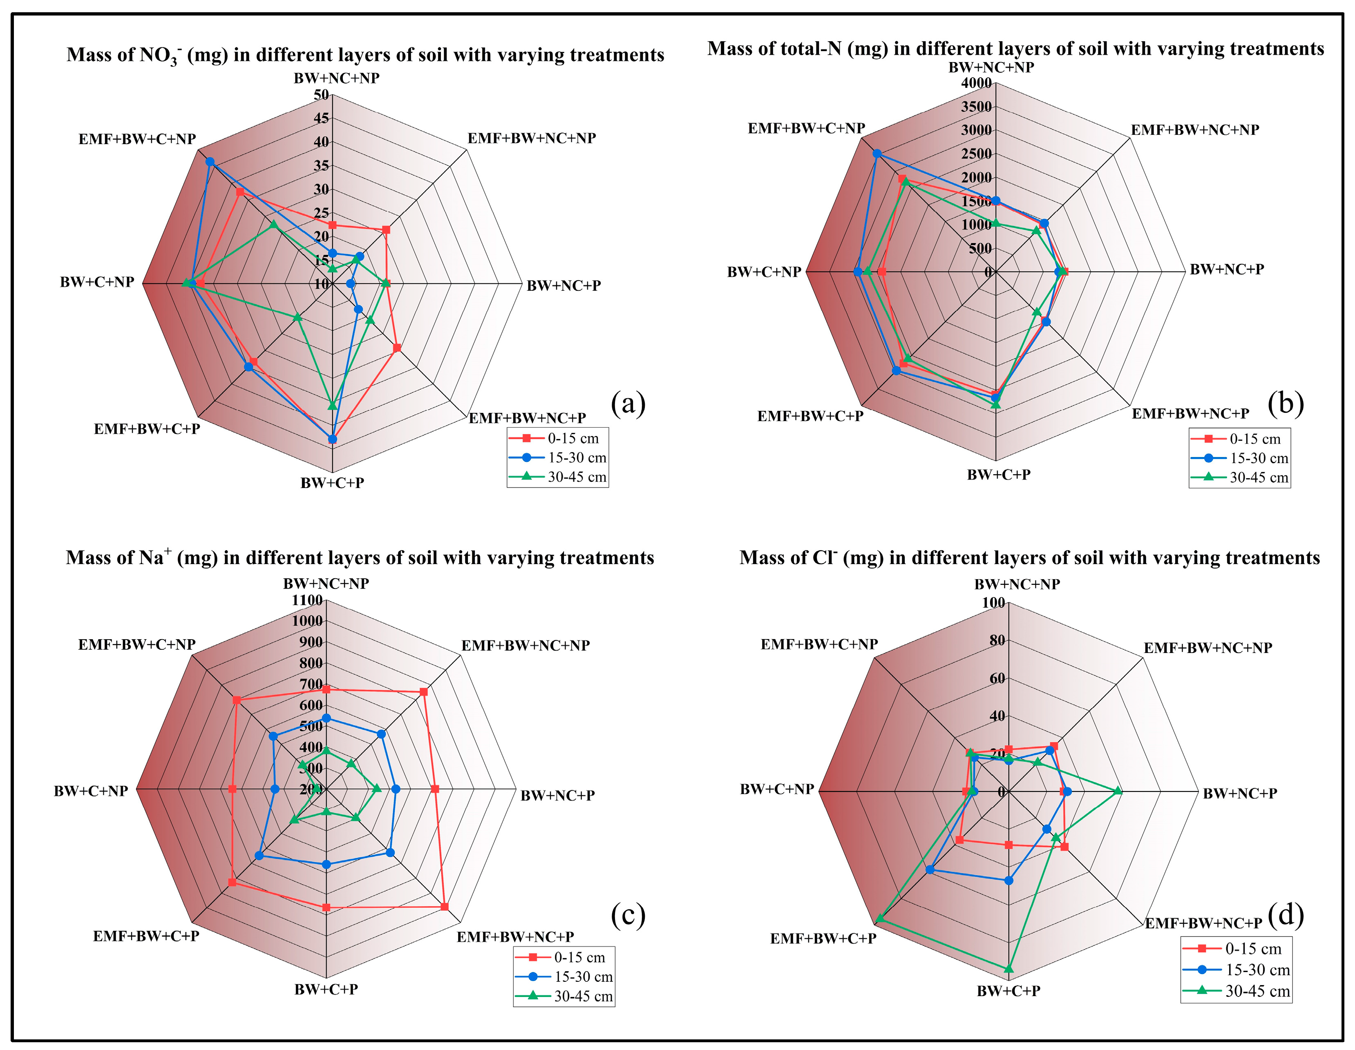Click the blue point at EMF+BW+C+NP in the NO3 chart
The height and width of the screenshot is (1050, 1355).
point(210,162)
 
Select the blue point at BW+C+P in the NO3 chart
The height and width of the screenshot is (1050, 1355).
point(333,439)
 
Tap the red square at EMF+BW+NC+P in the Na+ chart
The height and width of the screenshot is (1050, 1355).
point(444,907)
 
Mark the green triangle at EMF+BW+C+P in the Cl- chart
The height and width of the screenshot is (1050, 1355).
point(879,918)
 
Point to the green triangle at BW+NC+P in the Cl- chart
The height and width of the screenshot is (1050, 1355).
point(1117,790)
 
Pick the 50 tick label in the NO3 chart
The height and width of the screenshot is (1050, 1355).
point(321,95)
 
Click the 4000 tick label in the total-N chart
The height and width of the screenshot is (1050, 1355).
point(976,83)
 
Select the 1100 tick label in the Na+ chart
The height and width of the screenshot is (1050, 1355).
point(307,600)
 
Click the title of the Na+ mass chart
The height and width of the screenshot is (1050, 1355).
point(360,557)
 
